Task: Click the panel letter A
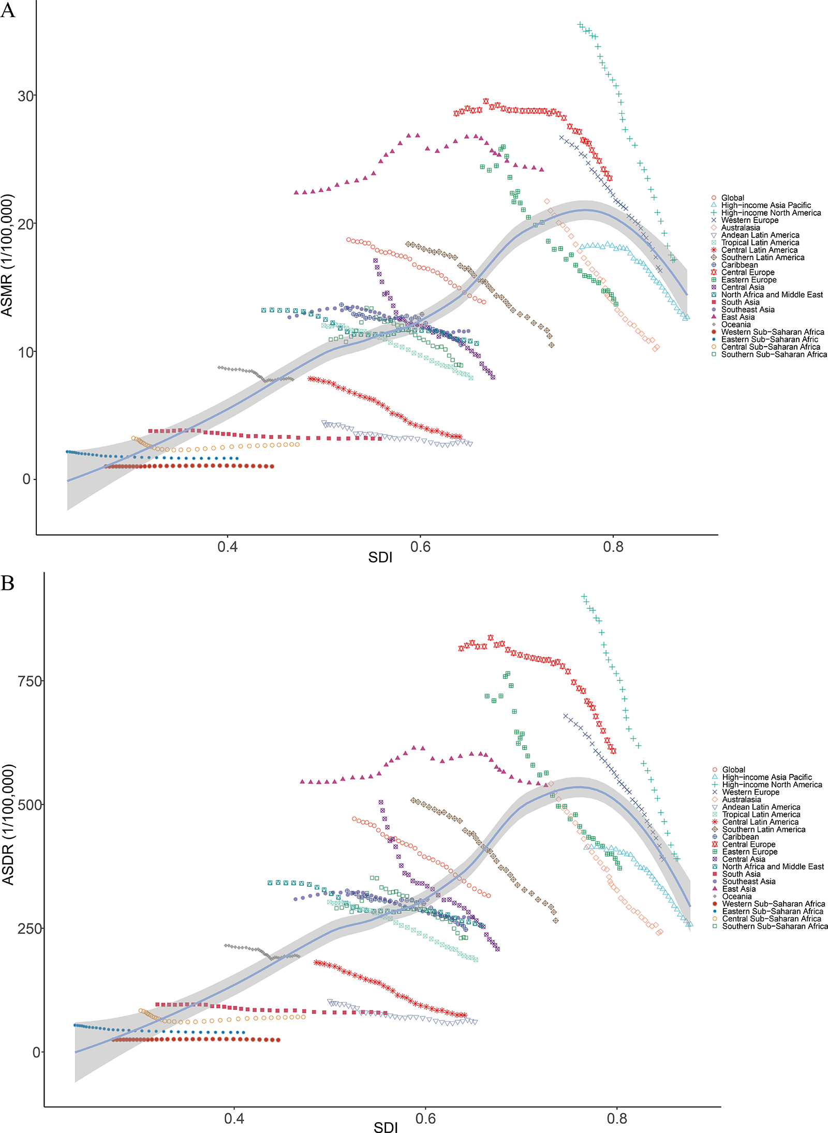[8, 10]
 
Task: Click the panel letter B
[8, 583]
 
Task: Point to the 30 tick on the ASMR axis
[26, 96]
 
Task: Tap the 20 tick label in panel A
[26, 224]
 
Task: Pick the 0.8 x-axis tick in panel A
[613, 546]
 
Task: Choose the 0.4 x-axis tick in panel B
[234, 1119]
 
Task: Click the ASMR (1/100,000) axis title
[7, 255]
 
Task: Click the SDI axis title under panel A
[380, 557]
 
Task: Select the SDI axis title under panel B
[386, 1127]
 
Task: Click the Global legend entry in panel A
[732, 198]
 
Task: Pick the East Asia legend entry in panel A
[737, 317]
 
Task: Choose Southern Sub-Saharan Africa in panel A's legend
[774, 354]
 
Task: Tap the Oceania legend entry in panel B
[736, 897]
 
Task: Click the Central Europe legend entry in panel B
[748, 844]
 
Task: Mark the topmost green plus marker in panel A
[580, 25]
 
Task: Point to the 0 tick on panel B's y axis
[36, 1052]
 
